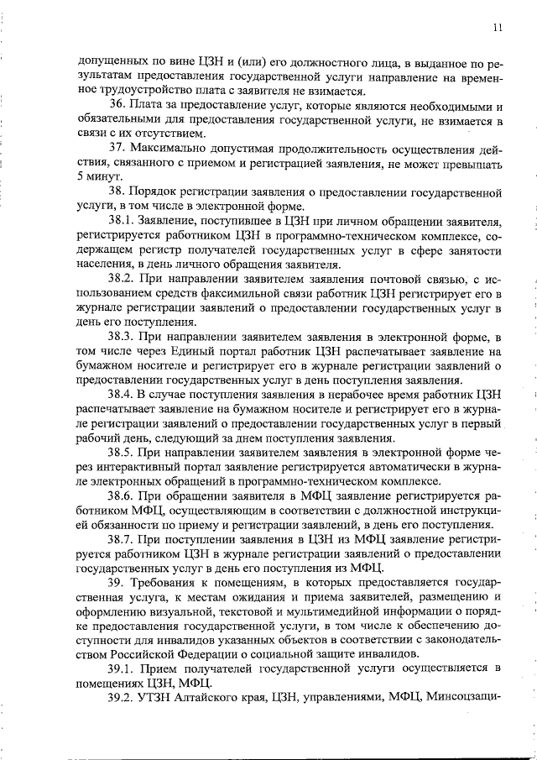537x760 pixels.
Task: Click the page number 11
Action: pos(498,27)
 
